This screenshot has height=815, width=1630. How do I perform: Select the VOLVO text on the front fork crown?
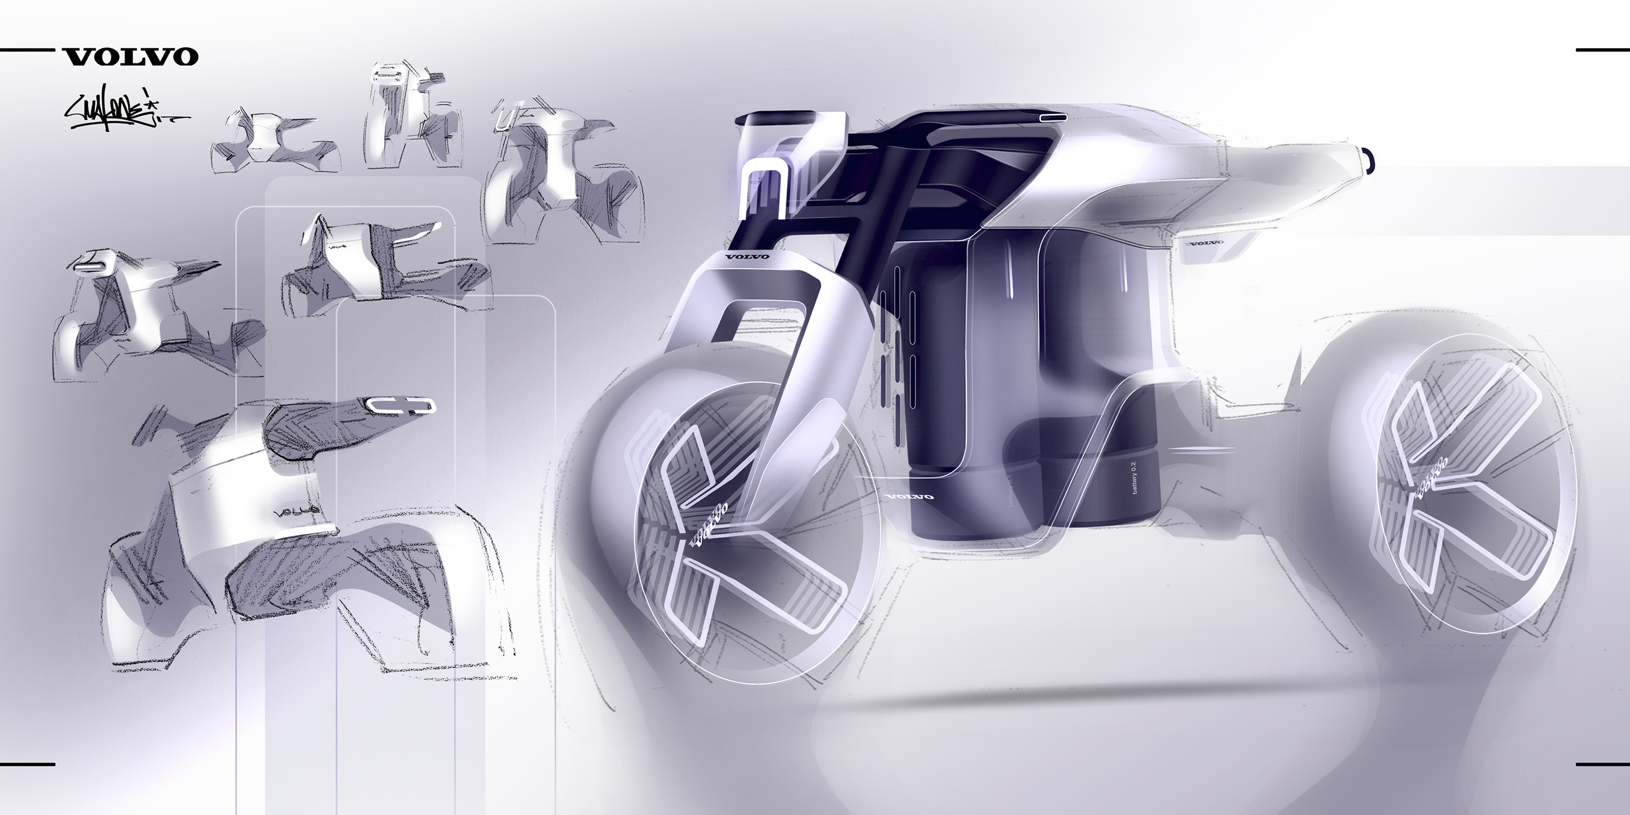[x=747, y=256]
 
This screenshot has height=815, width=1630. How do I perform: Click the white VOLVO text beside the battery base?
[x=909, y=497]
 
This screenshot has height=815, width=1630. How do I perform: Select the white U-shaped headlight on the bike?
[x=766, y=190]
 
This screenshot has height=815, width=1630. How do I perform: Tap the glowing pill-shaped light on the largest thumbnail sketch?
[x=401, y=407]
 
